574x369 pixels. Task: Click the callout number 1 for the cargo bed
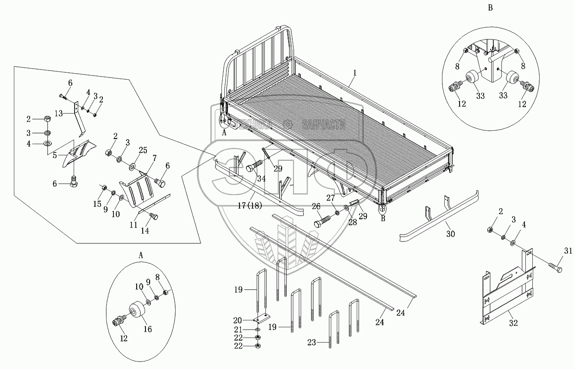tap(354, 73)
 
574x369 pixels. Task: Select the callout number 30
tap(450, 235)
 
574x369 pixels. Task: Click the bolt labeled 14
tap(154, 216)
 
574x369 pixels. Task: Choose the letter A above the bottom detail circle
tap(140, 255)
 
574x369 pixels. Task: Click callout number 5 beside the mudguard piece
tap(55, 156)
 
